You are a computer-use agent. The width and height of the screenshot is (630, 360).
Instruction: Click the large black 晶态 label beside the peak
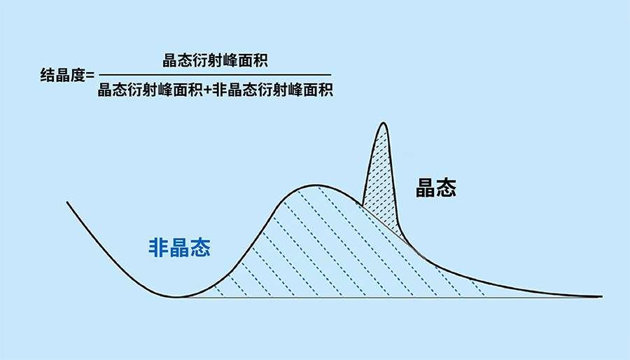click(x=436, y=188)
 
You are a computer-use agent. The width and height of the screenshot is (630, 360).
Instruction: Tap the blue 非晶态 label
click(x=180, y=247)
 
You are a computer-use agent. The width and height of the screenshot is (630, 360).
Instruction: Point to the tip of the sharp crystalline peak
click(x=384, y=123)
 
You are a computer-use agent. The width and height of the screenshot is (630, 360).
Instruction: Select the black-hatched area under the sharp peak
click(x=381, y=181)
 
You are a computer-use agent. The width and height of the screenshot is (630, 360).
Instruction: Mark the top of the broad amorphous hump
click(x=316, y=185)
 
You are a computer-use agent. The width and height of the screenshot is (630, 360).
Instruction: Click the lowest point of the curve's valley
click(x=176, y=298)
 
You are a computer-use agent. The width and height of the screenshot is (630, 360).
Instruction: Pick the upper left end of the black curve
click(x=67, y=202)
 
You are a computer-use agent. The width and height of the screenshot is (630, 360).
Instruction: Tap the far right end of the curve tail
click(x=601, y=296)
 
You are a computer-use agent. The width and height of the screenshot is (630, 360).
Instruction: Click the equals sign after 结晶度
click(x=90, y=76)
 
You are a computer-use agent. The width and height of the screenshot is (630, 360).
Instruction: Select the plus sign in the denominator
click(x=207, y=90)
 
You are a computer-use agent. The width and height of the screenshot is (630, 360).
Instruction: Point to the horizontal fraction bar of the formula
click(x=215, y=75)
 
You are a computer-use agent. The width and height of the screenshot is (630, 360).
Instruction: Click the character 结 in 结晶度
click(x=48, y=75)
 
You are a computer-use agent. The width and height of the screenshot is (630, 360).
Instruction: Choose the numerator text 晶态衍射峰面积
click(x=215, y=61)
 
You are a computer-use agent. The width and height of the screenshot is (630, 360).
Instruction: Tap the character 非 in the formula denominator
click(x=219, y=90)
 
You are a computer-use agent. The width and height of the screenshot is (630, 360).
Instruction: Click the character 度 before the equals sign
click(x=78, y=75)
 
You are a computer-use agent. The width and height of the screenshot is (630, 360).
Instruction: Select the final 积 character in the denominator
click(x=325, y=90)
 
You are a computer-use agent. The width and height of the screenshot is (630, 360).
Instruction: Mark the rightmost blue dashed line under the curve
click(x=477, y=288)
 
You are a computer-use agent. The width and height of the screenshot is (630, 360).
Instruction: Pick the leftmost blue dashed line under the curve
click(x=219, y=291)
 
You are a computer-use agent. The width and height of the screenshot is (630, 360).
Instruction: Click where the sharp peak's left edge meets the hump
click(x=363, y=206)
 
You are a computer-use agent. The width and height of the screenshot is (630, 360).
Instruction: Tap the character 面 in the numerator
click(x=245, y=61)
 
